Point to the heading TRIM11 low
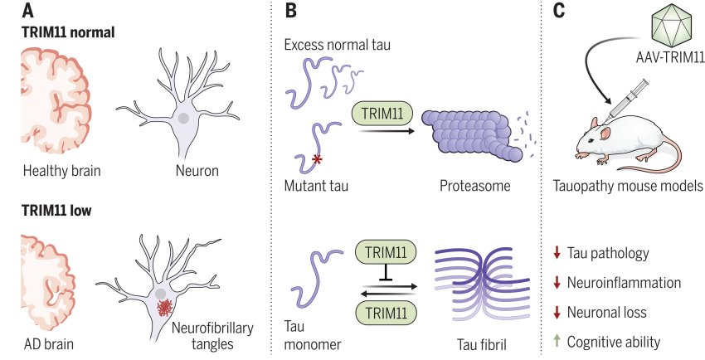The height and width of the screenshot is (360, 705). [x=57, y=211]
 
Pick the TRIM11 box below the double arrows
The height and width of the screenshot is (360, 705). [x=386, y=312]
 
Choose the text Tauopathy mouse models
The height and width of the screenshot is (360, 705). [x=628, y=187]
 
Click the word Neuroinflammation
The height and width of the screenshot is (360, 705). [x=624, y=283]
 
